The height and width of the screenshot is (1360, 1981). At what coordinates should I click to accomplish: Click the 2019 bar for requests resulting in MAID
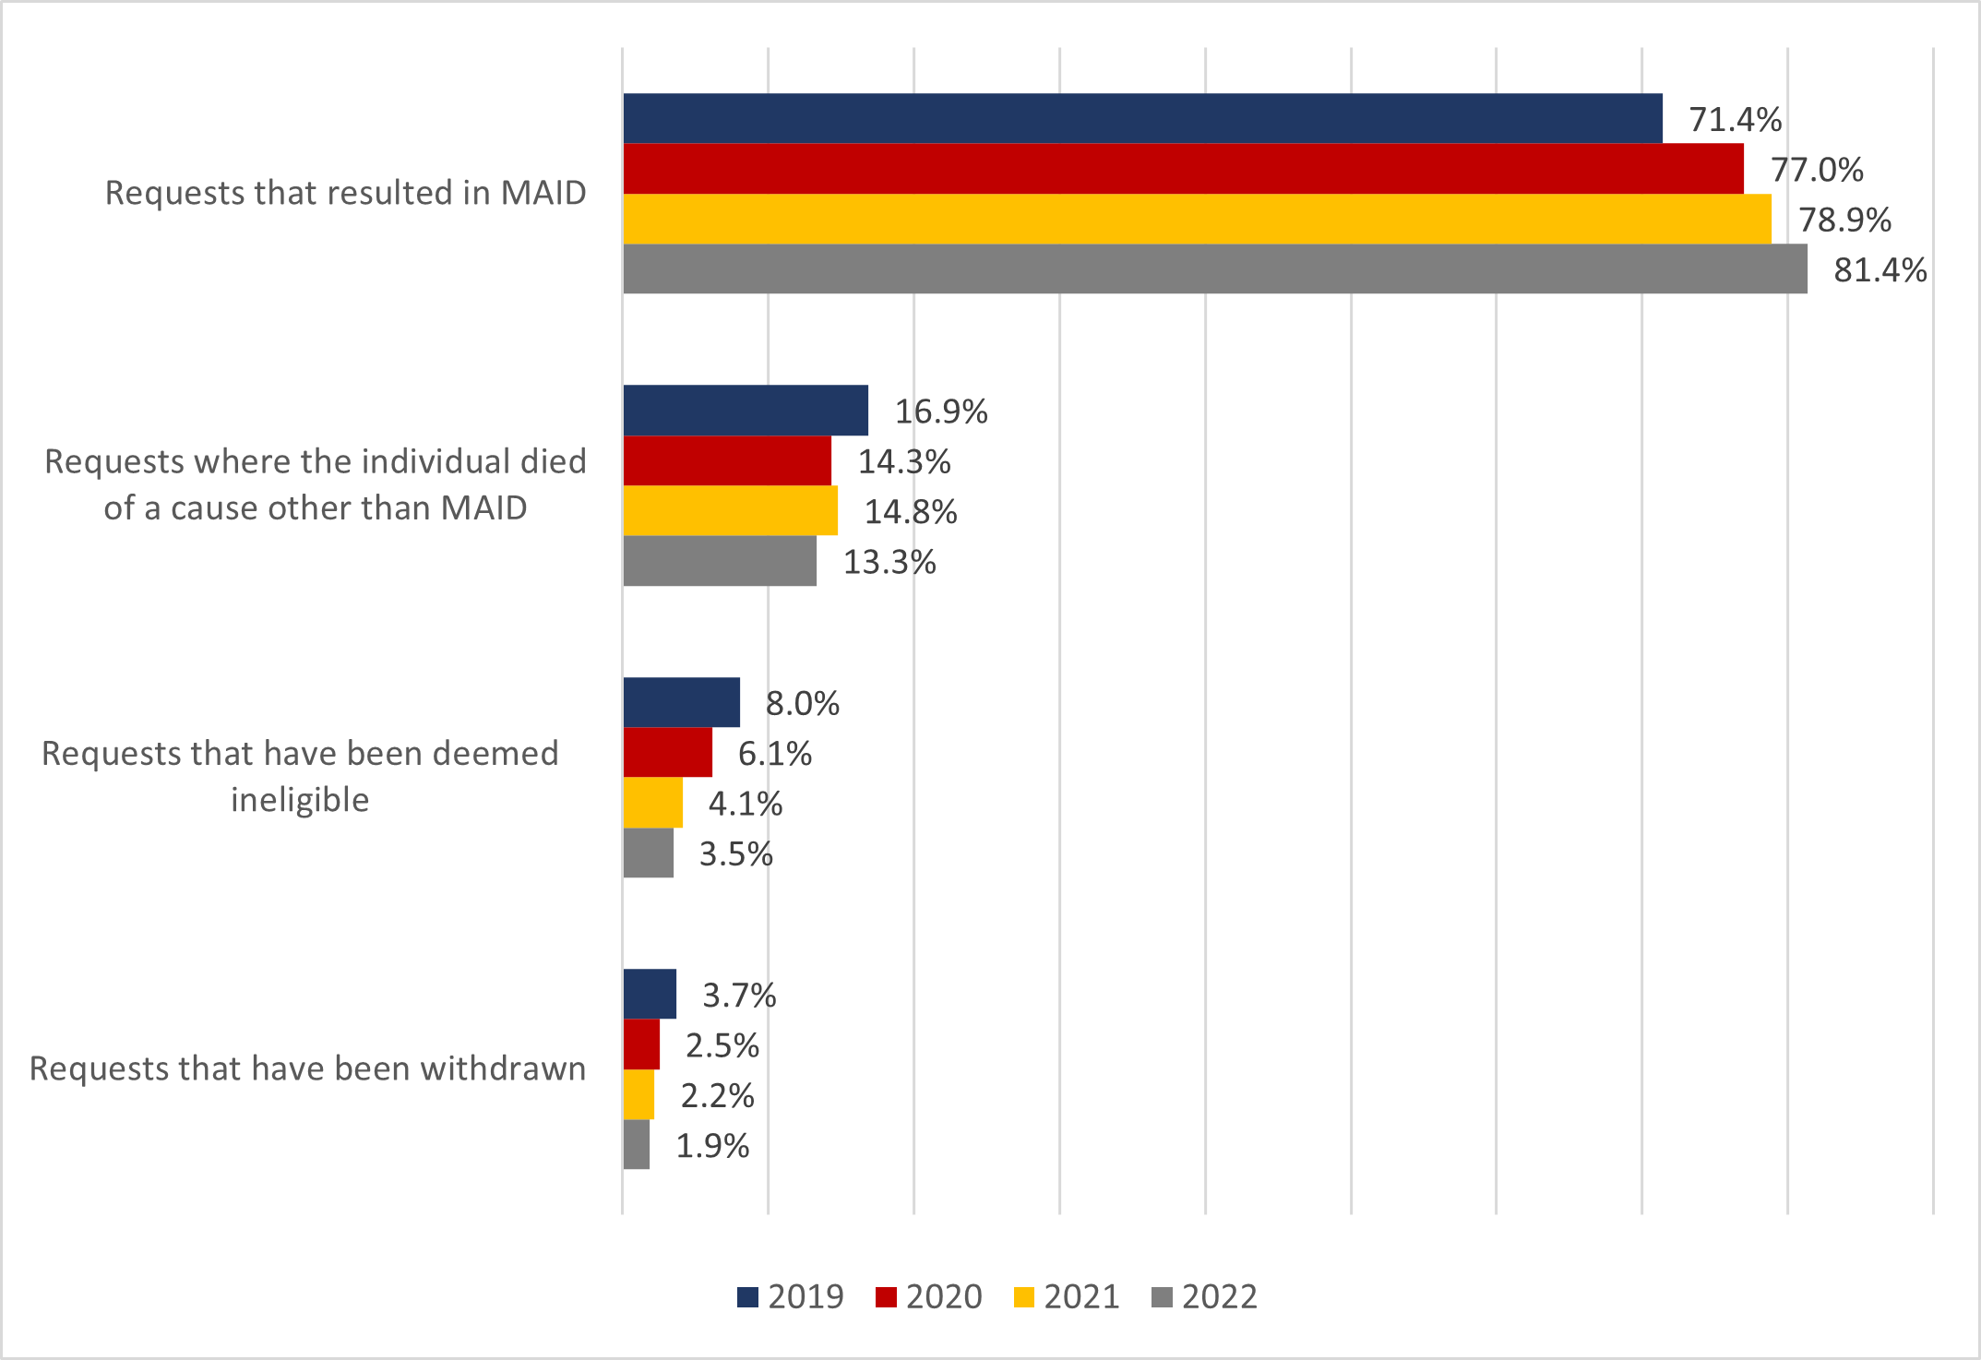click(x=1142, y=118)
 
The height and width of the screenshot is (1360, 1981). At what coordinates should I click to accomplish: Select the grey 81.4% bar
click(x=1214, y=268)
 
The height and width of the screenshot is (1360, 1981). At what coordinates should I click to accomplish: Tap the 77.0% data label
click(x=1817, y=170)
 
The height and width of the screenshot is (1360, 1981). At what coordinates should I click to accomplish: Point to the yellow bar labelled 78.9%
click(x=1197, y=219)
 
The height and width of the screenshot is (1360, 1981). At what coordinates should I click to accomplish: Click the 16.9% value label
click(x=941, y=412)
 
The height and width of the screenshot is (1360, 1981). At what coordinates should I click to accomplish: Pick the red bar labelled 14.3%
click(x=727, y=460)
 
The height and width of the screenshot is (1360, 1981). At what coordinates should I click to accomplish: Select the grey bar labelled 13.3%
click(x=720, y=561)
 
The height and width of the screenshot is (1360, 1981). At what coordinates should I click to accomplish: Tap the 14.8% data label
click(x=911, y=512)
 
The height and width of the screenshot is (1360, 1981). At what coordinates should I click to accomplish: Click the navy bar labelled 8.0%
click(x=681, y=702)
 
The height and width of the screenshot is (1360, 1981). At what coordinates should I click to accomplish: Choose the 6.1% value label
click(x=775, y=754)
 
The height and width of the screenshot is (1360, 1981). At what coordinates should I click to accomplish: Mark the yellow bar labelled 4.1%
click(x=652, y=803)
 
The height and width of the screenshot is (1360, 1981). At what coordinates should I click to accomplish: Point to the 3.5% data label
click(x=736, y=854)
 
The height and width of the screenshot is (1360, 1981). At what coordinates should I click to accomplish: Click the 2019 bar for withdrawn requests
click(x=650, y=994)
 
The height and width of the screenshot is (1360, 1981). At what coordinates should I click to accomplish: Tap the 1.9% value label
click(x=712, y=1146)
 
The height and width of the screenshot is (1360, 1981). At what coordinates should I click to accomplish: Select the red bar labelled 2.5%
click(x=641, y=1044)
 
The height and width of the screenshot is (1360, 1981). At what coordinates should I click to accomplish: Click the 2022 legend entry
click(x=1204, y=1296)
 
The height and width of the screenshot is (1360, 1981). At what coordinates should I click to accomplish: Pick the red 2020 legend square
click(x=886, y=1297)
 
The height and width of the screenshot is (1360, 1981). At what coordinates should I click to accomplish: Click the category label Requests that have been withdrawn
click(x=307, y=1068)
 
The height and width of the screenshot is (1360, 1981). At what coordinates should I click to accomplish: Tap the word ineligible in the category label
click(x=300, y=800)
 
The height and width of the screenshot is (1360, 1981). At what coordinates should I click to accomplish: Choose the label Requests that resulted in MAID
click(x=345, y=193)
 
